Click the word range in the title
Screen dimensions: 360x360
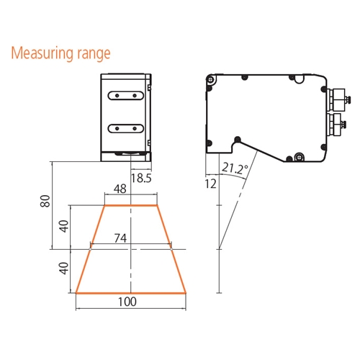(x=94, y=55)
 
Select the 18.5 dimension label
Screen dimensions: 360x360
(x=141, y=178)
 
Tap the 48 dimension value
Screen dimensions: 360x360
(x=120, y=189)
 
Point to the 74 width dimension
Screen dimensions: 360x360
(x=120, y=238)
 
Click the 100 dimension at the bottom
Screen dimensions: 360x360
(x=127, y=302)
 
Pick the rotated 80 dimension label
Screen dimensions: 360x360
(x=45, y=201)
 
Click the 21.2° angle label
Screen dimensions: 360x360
(x=235, y=168)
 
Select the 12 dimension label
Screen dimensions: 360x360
(x=211, y=184)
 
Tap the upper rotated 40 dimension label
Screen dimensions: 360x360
(x=64, y=226)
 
